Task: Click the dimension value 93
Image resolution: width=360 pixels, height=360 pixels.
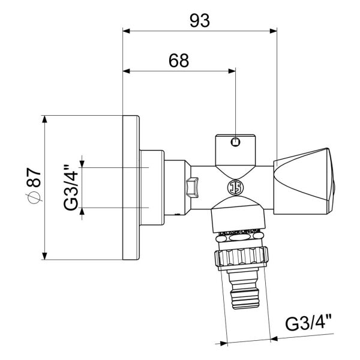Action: coord(200,20)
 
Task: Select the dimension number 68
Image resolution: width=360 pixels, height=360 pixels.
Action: coord(178,61)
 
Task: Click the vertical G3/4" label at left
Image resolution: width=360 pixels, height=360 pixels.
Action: coord(70,188)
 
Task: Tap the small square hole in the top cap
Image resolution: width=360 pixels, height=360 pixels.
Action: coord(236,142)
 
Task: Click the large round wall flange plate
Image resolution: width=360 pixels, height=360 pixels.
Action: coord(130,187)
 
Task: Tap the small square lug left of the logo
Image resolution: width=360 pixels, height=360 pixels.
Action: coord(193,187)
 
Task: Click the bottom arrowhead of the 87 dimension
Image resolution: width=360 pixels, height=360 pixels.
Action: coord(45,257)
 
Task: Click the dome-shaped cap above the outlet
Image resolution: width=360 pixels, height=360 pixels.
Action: coord(239,217)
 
